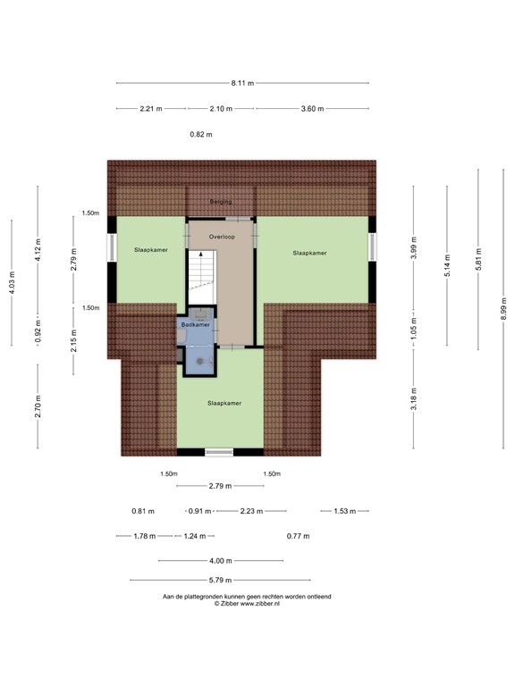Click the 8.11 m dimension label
pos(242,83)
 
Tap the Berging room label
pos(221,202)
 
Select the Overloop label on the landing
pos(222,237)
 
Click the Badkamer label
pos(195,324)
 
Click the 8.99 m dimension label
pos(503,308)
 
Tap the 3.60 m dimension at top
pos(312,108)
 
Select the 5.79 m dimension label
pos(220,580)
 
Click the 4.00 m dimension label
pos(220,560)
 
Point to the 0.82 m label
pos(201,134)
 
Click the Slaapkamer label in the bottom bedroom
pos(224,403)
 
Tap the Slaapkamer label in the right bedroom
pos(309,253)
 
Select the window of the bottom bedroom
pos(219,452)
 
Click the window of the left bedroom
pos(112,247)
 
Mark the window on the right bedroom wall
pos(372,247)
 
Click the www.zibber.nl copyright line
pos(247,603)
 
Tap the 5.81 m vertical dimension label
pos(478,259)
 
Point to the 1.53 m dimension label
pos(344,511)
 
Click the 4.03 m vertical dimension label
pos(13,282)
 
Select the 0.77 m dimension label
pos(299,536)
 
